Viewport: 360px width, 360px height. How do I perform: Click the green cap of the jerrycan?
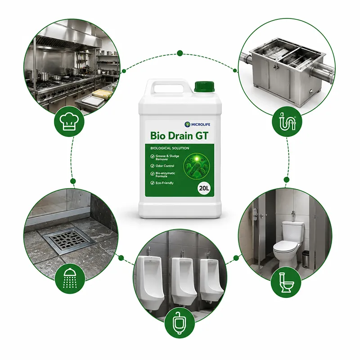click(x=204, y=86)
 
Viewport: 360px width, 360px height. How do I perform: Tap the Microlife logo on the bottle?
click(x=198, y=125)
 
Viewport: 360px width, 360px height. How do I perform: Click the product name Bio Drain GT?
click(x=179, y=136)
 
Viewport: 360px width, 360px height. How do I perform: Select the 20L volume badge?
click(x=204, y=189)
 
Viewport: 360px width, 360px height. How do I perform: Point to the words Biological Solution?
click(x=170, y=148)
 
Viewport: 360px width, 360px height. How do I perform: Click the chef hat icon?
click(x=69, y=121)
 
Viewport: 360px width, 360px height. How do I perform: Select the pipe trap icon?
click(x=287, y=121)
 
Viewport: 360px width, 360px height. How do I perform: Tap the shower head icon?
click(x=70, y=278)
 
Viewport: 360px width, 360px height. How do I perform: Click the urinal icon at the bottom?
click(x=180, y=323)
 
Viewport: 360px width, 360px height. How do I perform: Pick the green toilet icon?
click(x=286, y=283)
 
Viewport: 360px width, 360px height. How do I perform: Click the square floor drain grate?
click(x=69, y=240)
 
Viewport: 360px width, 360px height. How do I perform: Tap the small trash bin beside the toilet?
click(x=306, y=259)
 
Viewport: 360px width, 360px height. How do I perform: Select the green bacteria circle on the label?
click(x=196, y=166)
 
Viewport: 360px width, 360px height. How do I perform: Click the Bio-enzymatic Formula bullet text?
click(x=165, y=175)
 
